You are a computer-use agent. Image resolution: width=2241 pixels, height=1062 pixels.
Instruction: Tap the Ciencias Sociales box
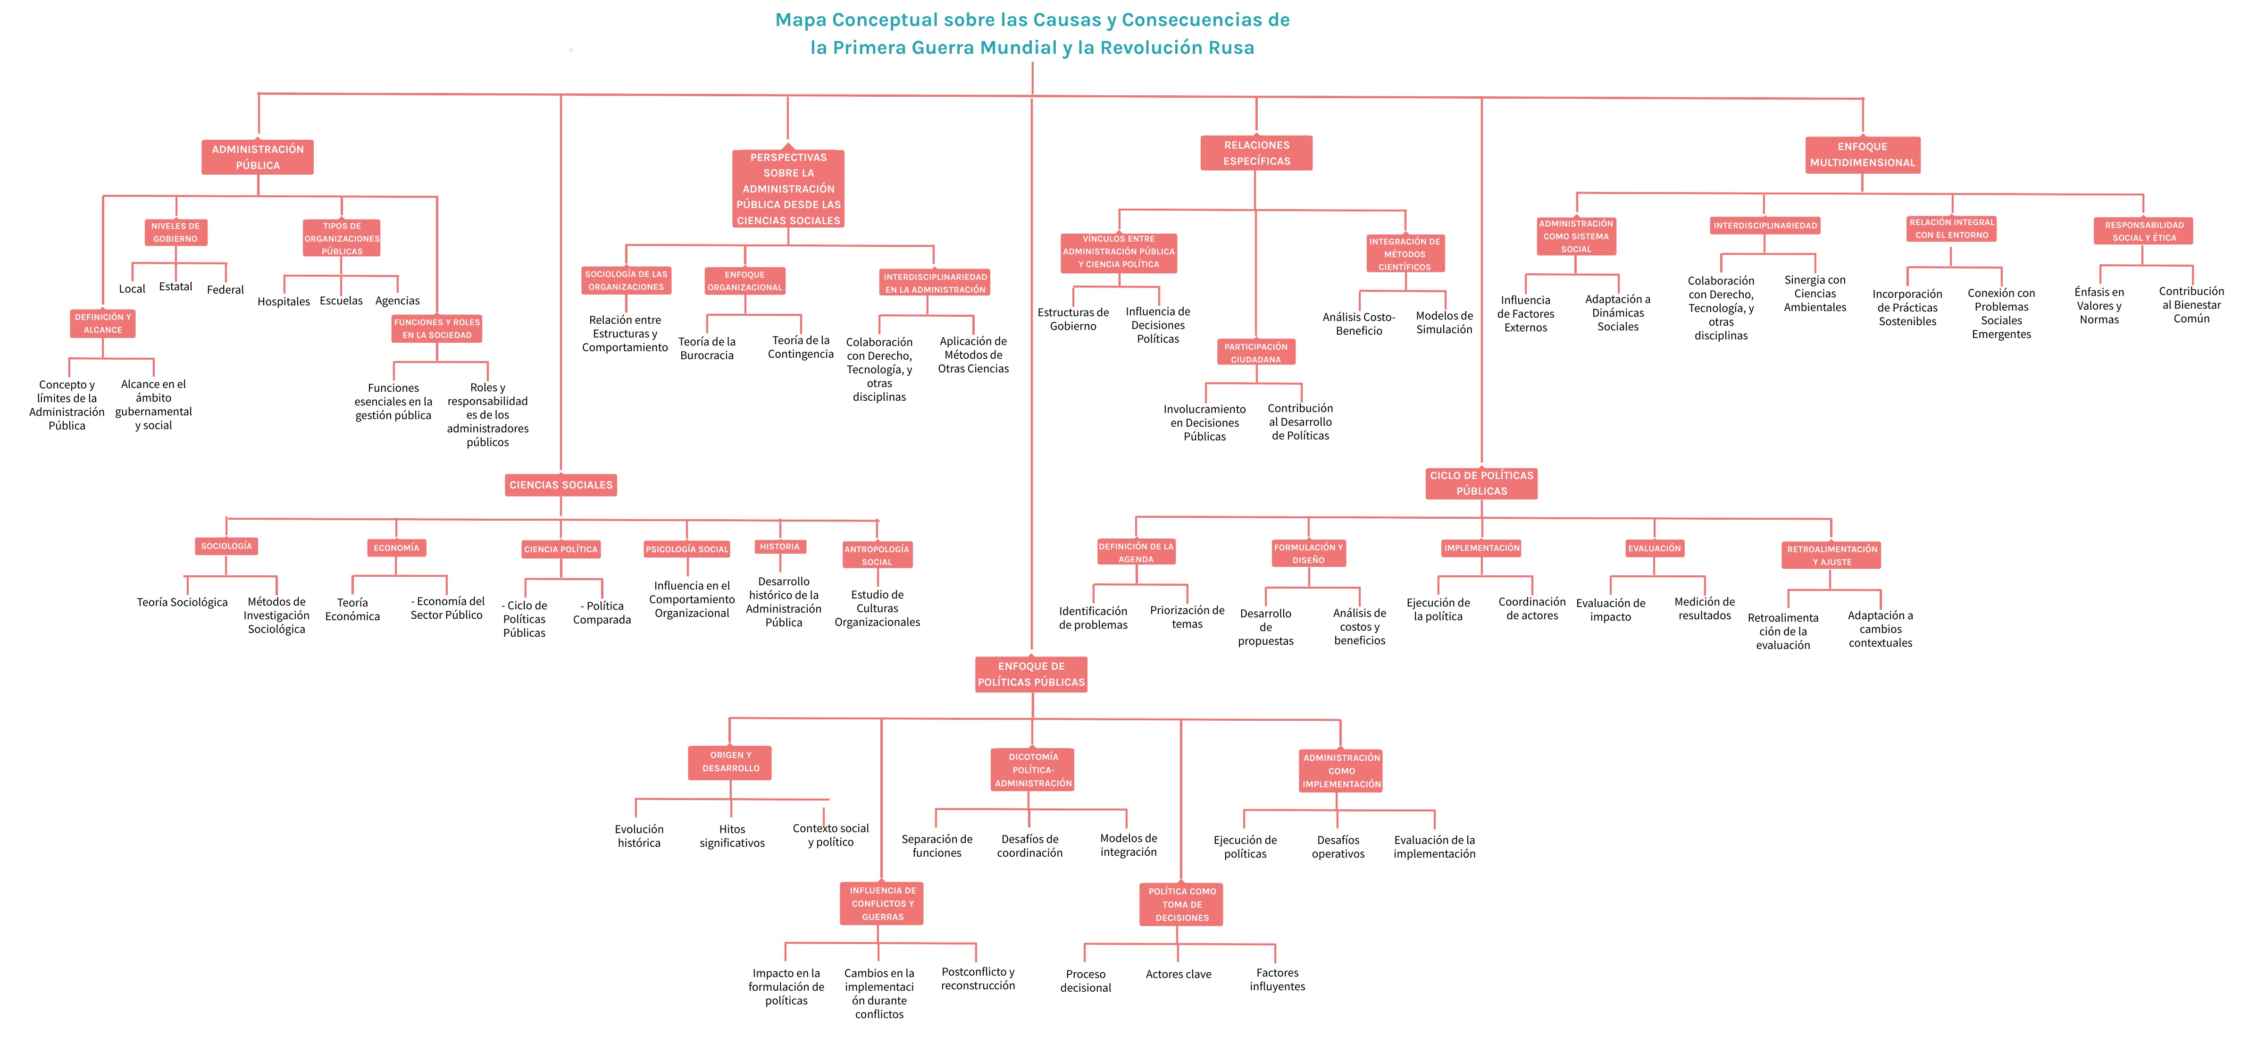pyautogui.click(x=561, y=485)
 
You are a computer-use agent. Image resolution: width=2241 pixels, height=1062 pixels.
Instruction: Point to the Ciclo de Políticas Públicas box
pyautogui.click(x=1481, y=483)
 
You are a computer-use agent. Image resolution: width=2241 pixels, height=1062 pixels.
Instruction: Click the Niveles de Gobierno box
pyautogui.click(x=176, y=232)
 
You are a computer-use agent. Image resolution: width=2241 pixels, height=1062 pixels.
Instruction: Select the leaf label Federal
pyautogui.click(x=226, y=290)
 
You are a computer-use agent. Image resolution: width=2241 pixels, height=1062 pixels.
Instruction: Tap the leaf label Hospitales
pyautogui.click(x=284, y=302)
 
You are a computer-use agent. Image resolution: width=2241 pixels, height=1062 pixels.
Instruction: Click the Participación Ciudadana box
pyautogui.click(x=1255, y=353)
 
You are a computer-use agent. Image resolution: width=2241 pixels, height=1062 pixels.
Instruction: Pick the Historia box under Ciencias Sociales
pyautogui.click(x=779, y=547)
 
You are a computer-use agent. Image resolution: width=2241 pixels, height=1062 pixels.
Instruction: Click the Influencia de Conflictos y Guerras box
pyautogui.click(x=882, y=903)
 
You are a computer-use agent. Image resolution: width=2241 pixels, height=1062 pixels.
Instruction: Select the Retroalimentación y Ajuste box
pyautogui.click(x=1831, y=556)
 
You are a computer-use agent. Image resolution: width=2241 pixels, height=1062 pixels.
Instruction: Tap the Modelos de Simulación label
pyautogui.click(x=1444, y=323)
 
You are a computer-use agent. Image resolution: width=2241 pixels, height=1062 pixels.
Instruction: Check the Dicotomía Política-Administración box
pyautogui.click(x=1034, y=770)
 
